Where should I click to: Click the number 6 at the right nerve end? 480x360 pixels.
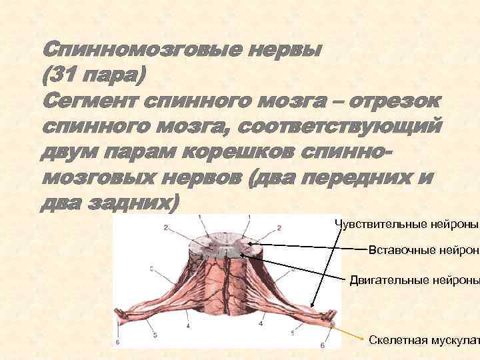[x=323, y=345]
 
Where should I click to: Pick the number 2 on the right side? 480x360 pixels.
[x=279, y=228]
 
